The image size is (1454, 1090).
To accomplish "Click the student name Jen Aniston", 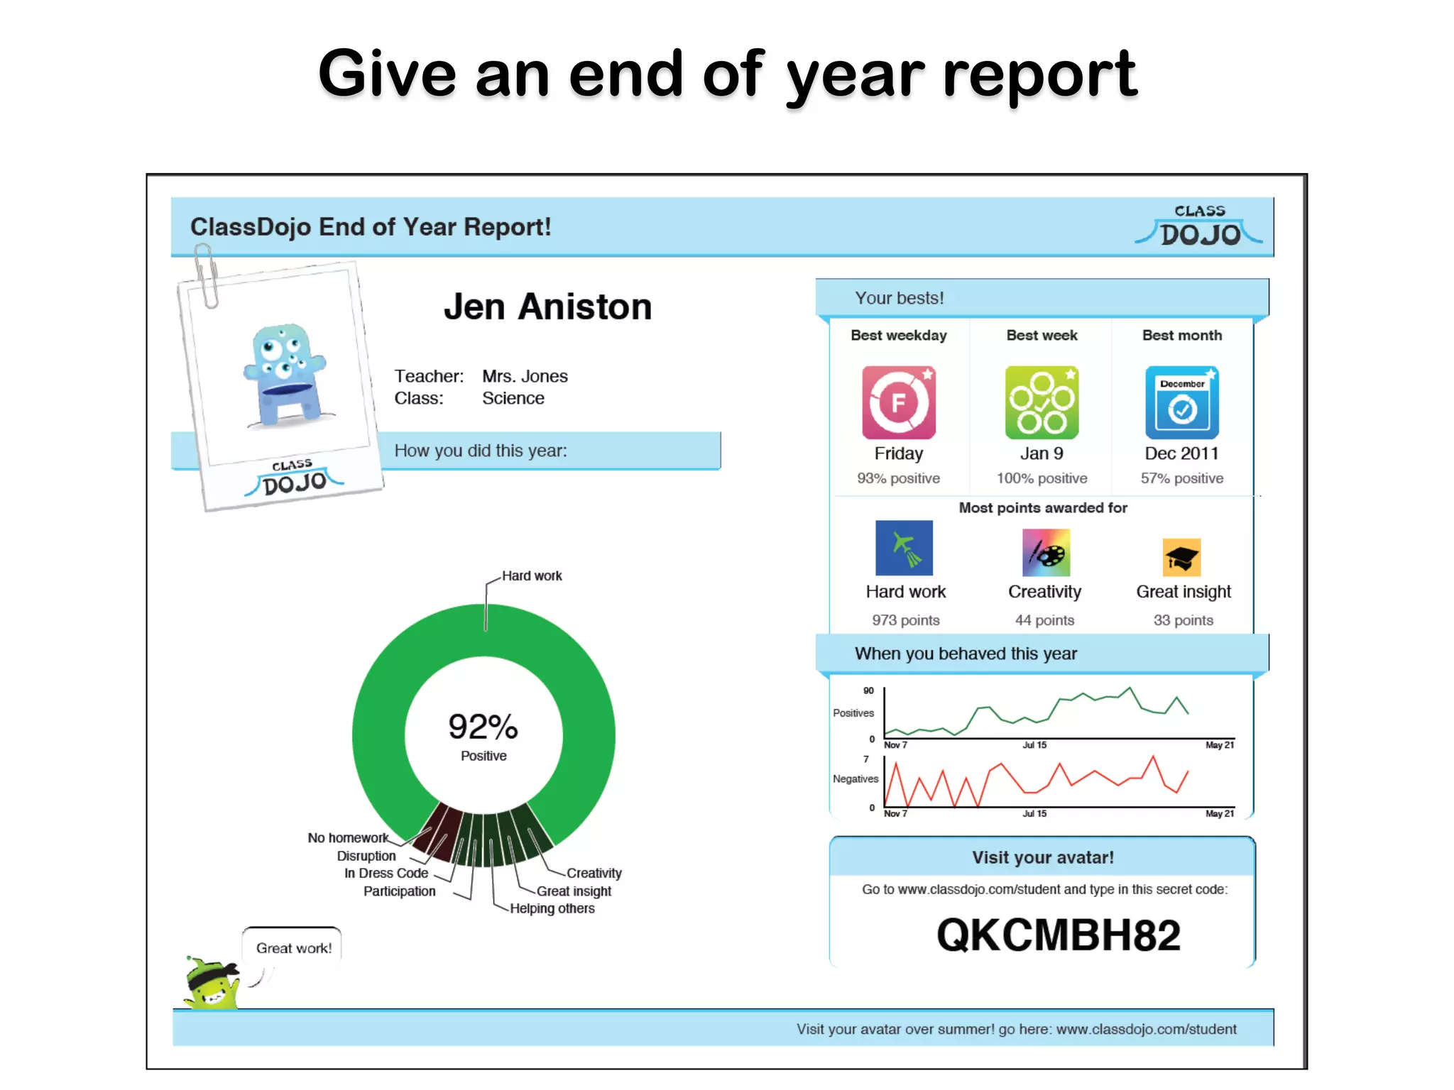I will point(547,307).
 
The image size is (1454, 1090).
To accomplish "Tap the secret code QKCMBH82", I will point(1058,935).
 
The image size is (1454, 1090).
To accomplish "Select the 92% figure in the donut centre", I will point(483,727).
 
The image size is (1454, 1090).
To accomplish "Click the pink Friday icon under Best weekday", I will point(898,402).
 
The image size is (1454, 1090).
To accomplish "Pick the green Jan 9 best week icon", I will point(1042,402).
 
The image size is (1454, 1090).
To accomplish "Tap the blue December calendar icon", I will point(1181,402).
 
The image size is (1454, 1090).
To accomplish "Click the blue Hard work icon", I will point(904,548).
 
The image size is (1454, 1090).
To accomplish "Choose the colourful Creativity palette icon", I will point(1046,552).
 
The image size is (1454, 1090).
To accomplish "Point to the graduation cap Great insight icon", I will point(1181,557).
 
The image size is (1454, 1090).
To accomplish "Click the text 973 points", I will point(905,620).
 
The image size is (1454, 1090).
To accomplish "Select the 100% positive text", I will point(1042,478).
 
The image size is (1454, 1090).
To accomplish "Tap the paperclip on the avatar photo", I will point(206,275).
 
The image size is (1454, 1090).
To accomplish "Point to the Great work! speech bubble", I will point(293,948).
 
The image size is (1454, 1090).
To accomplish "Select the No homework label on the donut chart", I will point(347,838).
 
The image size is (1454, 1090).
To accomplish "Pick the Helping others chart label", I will point(552,909).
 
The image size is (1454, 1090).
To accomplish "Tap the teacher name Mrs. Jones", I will point(525,376).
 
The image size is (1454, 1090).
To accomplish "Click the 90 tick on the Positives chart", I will point(868,690).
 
